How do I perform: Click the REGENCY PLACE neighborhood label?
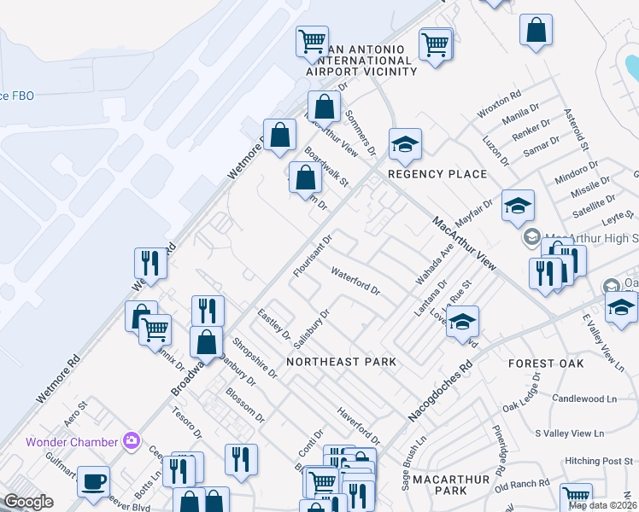click(437, 174)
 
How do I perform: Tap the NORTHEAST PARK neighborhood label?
click(341, 362)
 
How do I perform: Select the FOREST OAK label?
click(545, 364)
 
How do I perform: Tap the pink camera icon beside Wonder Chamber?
click(132, 441)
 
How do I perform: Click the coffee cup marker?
click(93, 481)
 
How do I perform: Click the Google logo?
click(28, 502)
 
